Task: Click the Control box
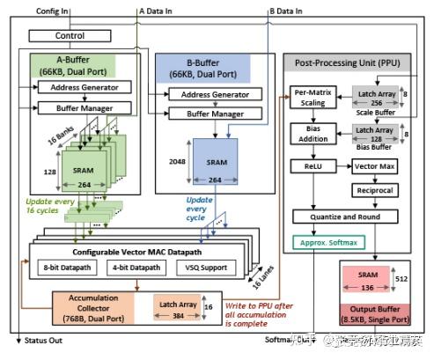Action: [x=70, y=36]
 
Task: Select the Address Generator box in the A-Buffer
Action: [x=85, y=87]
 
